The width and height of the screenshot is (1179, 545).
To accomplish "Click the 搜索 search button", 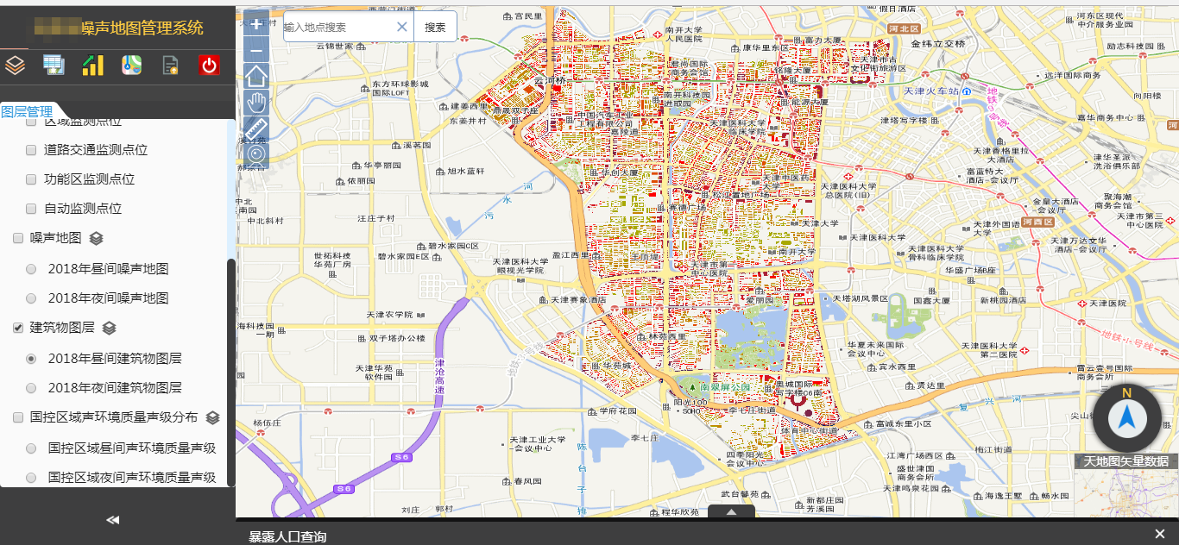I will click(435, 27).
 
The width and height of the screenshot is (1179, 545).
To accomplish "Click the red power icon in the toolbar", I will click(209, 65).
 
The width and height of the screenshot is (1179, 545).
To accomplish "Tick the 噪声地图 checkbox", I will click(18, 238).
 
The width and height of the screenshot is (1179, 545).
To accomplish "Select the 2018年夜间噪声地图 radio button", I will click(32, 298).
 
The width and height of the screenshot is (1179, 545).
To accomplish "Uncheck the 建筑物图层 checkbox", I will click(18, 328).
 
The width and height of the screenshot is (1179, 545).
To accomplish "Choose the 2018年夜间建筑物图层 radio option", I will click(32, 388).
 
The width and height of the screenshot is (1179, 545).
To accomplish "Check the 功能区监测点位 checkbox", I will click(32, 179).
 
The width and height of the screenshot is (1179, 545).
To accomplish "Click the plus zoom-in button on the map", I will click(256, 24).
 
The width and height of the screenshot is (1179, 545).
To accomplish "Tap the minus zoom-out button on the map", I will click(256, 51).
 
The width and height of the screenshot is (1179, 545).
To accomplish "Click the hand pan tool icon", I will click(256, 103).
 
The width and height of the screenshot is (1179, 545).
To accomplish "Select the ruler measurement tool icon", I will click(256, 129).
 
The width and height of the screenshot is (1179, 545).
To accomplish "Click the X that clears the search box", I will click(401, 27).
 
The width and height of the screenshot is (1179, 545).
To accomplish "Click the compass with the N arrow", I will click(1126, 418).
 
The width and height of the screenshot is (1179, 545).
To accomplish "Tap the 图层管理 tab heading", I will click(27, 111).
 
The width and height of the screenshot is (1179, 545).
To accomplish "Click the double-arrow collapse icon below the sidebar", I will click(112, 520).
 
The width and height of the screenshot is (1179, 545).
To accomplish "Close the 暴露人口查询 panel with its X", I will click(1159, 534).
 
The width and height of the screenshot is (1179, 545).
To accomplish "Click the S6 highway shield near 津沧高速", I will click(400, 457).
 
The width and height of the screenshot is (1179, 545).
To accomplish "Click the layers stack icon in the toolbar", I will click(16, 65).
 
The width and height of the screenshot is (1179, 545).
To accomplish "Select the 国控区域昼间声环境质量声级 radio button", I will click(32, 448).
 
